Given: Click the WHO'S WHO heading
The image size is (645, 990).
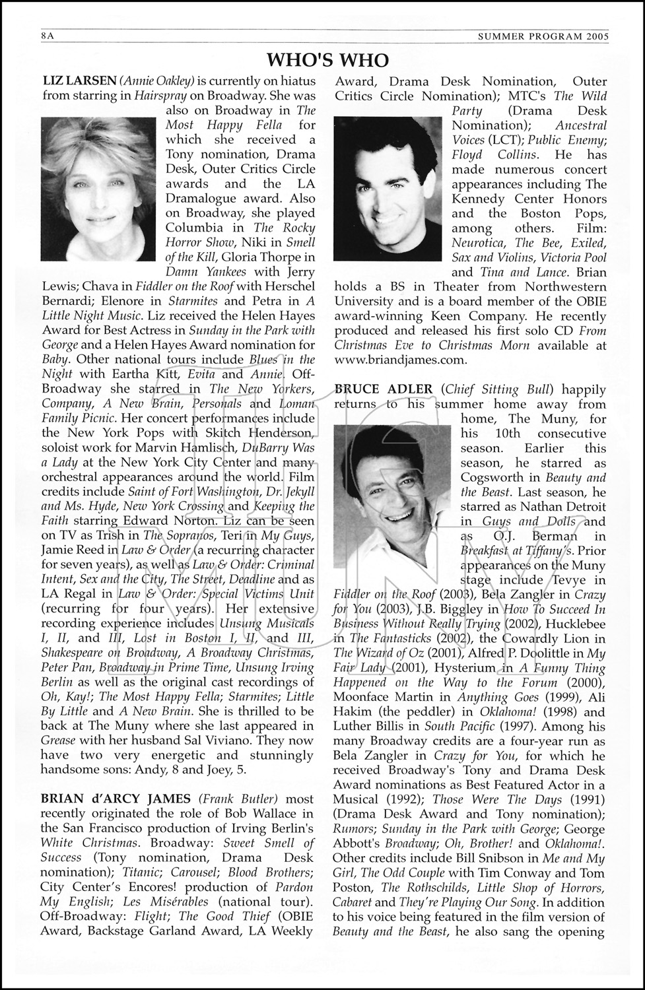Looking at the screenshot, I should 327,60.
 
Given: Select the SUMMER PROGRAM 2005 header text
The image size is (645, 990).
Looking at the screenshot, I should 543,37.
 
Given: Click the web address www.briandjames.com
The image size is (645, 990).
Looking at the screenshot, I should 401,360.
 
